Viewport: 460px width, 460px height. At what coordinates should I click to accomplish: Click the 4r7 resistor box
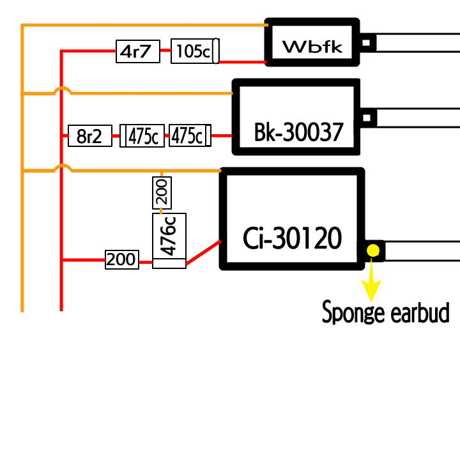click(137, 51)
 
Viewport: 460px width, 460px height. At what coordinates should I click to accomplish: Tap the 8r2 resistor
click(89, 136)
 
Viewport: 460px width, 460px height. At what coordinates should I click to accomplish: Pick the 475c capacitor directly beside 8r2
click(144, 136)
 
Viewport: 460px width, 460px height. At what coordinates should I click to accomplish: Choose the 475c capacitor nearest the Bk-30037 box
click(188, 136)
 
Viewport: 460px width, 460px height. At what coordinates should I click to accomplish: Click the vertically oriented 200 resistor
click(162, 194)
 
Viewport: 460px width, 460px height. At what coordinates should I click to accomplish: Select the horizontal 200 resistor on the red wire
click(121, 259)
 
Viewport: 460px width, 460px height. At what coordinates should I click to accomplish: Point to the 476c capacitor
click(169, 236)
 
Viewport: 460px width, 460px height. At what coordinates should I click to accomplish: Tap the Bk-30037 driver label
click(298, 133)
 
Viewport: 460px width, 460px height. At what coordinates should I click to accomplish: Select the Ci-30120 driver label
click(292, 238)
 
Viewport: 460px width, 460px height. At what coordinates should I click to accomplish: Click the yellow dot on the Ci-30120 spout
click(372, 250)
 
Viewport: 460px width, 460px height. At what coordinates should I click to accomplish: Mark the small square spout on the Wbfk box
click(367, 43)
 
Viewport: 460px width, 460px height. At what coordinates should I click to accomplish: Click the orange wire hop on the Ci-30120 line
click(62, 168)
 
